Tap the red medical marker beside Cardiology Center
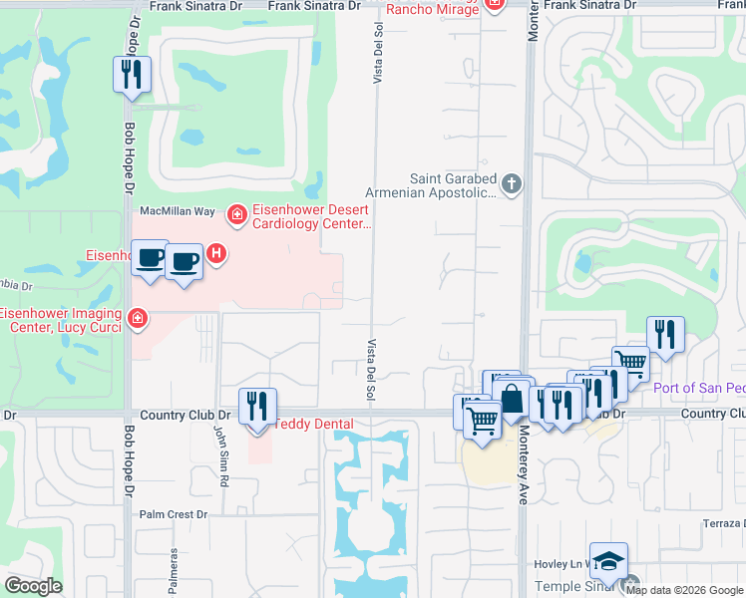[237, 213]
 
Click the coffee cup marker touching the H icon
[184, 263]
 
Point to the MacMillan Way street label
[178, 211]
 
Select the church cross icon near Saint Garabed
[511, 183]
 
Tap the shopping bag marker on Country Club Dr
[512, 401]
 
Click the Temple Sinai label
[570, 587]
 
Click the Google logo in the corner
[33, 586]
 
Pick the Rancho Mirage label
[429, 9]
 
